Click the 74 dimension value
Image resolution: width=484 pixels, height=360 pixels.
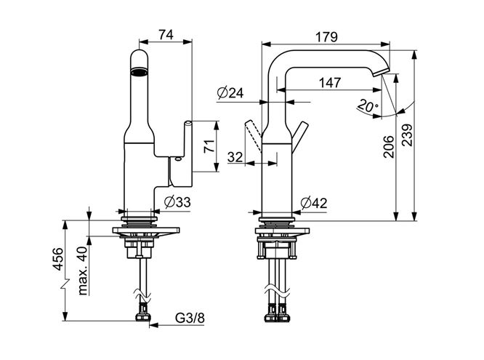click(166, 34)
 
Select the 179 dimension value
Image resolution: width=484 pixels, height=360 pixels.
click(326, 37)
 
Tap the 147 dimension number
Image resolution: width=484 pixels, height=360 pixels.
click(330, 82)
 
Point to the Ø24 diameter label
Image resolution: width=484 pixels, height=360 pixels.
click(230, 92)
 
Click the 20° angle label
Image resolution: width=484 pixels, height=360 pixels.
click(368, 106)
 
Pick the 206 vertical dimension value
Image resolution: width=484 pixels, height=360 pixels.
click(389, 146)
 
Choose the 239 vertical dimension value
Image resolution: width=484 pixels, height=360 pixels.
click(407, 135)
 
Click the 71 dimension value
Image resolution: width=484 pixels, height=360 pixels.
click(209, 146)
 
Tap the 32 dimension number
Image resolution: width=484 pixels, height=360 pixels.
click(235, 157)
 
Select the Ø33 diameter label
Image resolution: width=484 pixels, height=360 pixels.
click(177, 202)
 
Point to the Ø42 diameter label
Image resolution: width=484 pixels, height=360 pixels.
click(314, 203)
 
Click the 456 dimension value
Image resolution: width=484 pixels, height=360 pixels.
click(58, 259)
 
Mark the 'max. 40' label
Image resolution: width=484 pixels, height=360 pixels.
click(82, 271)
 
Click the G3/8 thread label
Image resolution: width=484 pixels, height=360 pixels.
click(190, 318)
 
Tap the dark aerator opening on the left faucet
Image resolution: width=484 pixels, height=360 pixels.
click(139, 72)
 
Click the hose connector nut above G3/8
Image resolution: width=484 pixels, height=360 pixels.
click(143, 317)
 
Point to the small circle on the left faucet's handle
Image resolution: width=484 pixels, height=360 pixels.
click(178, 159)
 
